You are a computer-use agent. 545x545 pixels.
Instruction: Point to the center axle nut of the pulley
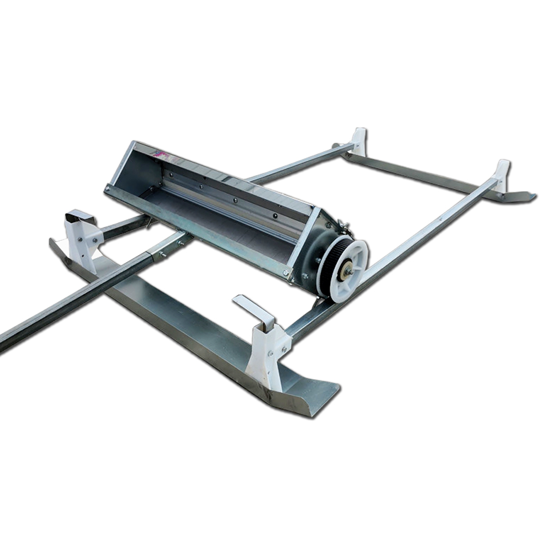(x=347, y=269)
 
